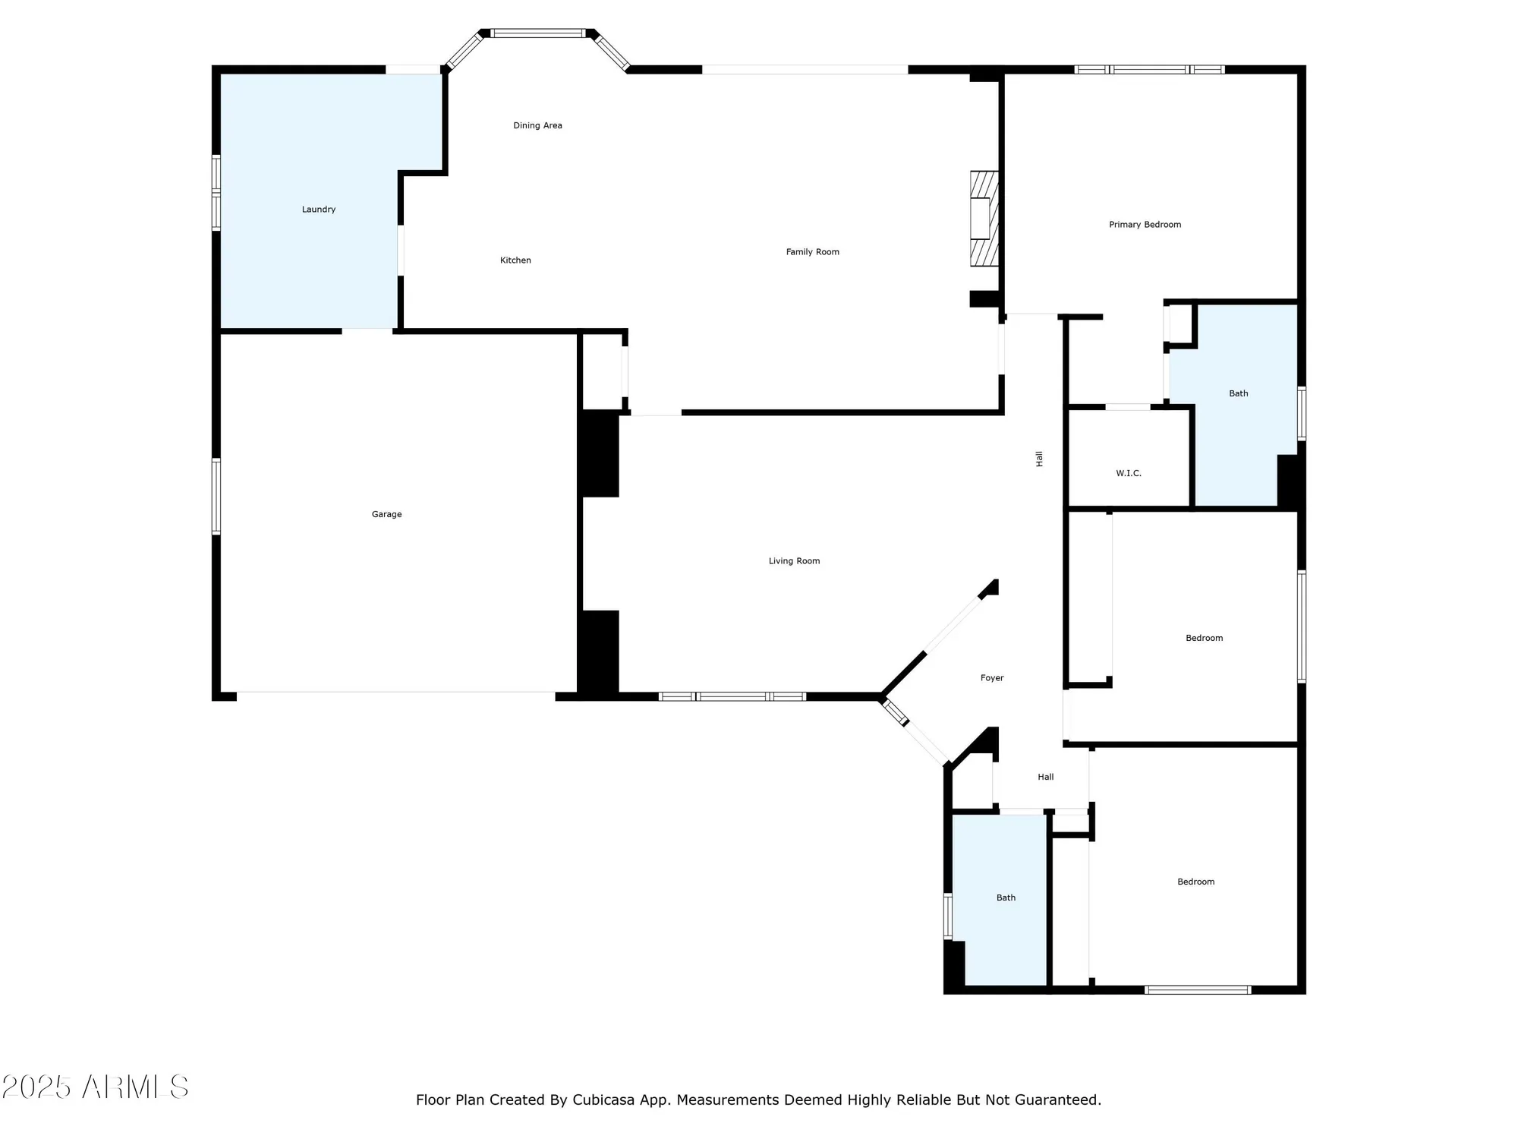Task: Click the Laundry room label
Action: tap(319, 210)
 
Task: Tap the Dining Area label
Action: tap(537, 126)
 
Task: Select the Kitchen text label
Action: tap(515, 260)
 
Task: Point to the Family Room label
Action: tap(812, 252)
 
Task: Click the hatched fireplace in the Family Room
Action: tap(984, 219)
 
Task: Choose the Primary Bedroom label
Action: tap(1145, 225)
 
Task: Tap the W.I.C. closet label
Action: tap(1128, 474)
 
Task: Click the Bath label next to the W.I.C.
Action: tap(1238, 393)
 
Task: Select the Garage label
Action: tap(386, 515)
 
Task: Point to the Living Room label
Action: tap(794, 561)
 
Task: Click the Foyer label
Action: tap(991, 678)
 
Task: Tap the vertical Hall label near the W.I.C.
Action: tap(1039, 459)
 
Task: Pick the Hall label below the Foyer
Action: tap(1045, 777)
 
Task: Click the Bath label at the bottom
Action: tap(1006, 898)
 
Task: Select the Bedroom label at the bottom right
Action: tap(1195, 882)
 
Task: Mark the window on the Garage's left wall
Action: tap(216, 497)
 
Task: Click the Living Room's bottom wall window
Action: tap(732, 696)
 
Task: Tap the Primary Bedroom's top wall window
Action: tap(1149, 70)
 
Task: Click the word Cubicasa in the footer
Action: tap(603, 1100)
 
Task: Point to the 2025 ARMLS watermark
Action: tap(95, 1087)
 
